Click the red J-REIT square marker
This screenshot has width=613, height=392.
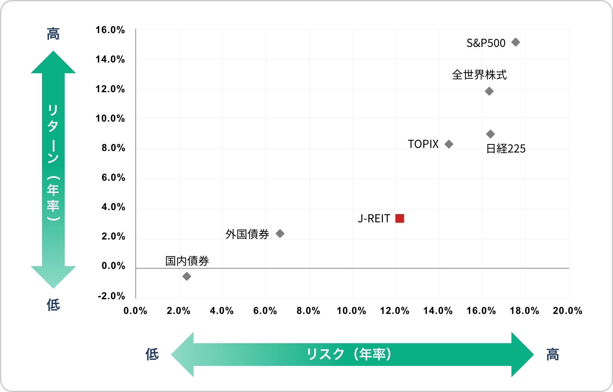pos(400,218)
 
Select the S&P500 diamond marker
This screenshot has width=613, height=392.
pos(516,42)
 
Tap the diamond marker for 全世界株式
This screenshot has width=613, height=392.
pos(489,91)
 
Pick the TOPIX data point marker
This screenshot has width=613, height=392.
pos(449,144)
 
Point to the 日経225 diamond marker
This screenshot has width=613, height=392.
pos(490,134)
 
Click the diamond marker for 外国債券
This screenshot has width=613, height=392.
pos(280,234)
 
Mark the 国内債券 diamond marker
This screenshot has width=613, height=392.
pos(187,277)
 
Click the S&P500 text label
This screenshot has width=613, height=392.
pos(486,43)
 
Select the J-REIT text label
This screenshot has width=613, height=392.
pos(374,219)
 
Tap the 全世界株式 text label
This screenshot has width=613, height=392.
pos(479,75)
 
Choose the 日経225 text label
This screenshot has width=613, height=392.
pos(506,149)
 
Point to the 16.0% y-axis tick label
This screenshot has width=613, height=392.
pos(110,30)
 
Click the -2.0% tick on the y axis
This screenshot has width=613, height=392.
pos(111,296)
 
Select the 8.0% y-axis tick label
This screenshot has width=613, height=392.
pos(113,148)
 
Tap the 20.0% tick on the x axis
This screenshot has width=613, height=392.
pos(567,311)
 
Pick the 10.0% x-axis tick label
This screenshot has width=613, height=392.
pos(351,311)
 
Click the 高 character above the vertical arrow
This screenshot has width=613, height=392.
pos(53,34)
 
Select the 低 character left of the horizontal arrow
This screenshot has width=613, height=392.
pos(152,354)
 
